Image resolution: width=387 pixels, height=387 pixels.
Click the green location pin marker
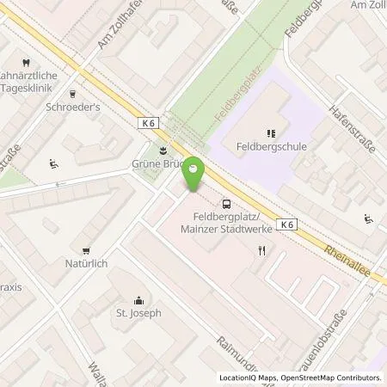(195, 175)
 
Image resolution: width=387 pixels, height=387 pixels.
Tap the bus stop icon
(226, 204)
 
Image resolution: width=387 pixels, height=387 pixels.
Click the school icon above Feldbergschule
(270, 132)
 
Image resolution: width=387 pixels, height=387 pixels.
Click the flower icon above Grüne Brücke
(154, 147)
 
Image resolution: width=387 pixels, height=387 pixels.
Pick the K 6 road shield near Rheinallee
(288, 224)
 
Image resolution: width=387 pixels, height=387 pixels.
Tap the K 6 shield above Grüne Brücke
(147, 124)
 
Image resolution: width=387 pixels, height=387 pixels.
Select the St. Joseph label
(139, 313)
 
